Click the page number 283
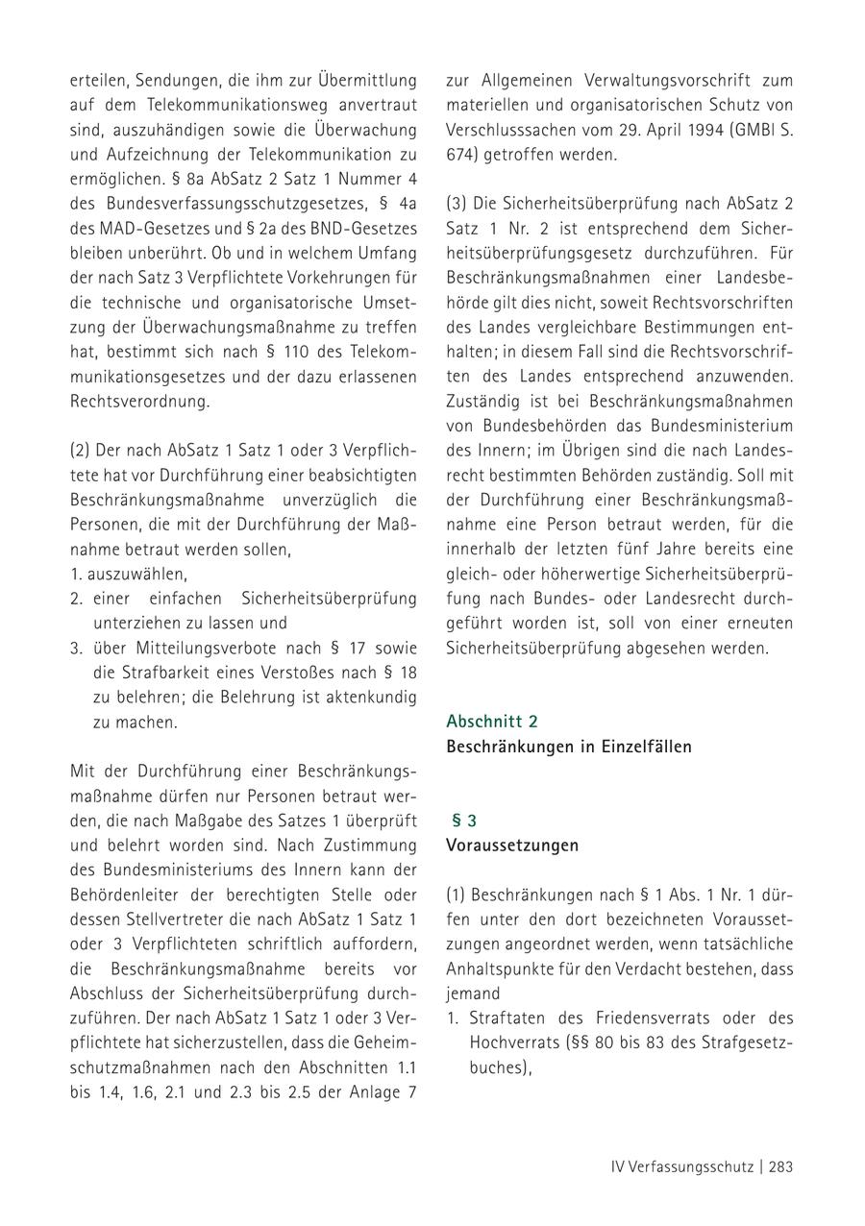[779, 1167]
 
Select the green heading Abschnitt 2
[492, 721]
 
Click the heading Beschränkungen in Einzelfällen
[569, 746]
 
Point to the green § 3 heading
[464, 821]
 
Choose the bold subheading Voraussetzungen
[512, 846]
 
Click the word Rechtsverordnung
[139, 402]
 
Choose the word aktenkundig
[366, 697]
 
